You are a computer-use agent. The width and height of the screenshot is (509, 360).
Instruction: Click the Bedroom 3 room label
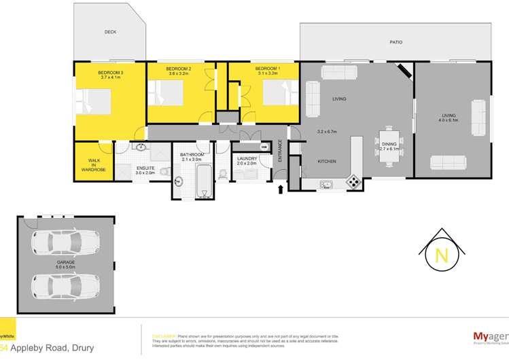(110, 72)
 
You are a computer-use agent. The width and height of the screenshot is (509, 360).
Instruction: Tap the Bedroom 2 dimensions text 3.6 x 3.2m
(179, 74)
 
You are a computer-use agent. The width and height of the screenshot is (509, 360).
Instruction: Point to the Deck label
(110, 32)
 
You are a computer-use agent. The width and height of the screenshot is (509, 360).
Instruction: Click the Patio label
(396, 42)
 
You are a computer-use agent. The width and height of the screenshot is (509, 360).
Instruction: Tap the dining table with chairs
(387, 138)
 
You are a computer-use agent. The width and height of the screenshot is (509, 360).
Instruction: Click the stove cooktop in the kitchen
(353, 181)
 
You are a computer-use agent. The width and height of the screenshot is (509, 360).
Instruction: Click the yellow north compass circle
(441, 256)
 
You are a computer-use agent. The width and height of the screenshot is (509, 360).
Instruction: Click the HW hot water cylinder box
(263, 147)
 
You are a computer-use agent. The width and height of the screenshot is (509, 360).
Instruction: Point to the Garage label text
(66, 262)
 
